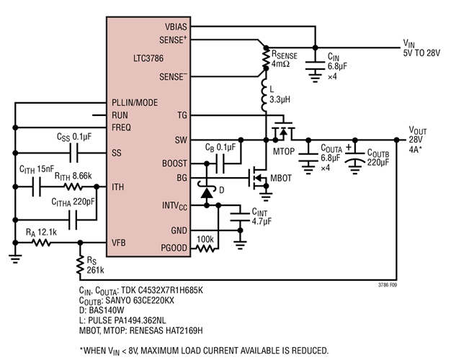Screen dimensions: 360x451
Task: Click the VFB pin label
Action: [120, 243]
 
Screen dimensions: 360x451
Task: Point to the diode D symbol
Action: [207, 192]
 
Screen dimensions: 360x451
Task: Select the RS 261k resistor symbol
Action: [80, 266]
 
